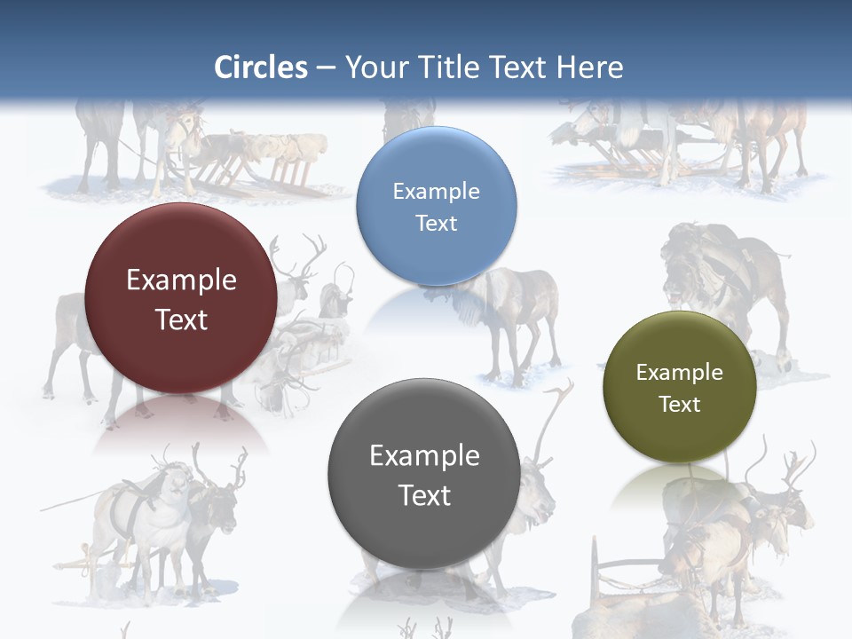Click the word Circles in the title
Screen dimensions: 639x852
261,67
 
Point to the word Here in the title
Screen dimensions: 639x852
589,67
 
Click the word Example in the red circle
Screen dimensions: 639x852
181,280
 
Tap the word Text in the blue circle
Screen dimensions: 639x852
436,223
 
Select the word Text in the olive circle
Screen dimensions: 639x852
680,405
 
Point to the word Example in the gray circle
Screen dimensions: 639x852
424,456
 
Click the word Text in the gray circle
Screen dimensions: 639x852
424,495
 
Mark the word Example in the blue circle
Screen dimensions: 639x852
436,191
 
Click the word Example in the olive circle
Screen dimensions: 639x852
680,373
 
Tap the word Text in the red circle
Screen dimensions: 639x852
181,319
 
